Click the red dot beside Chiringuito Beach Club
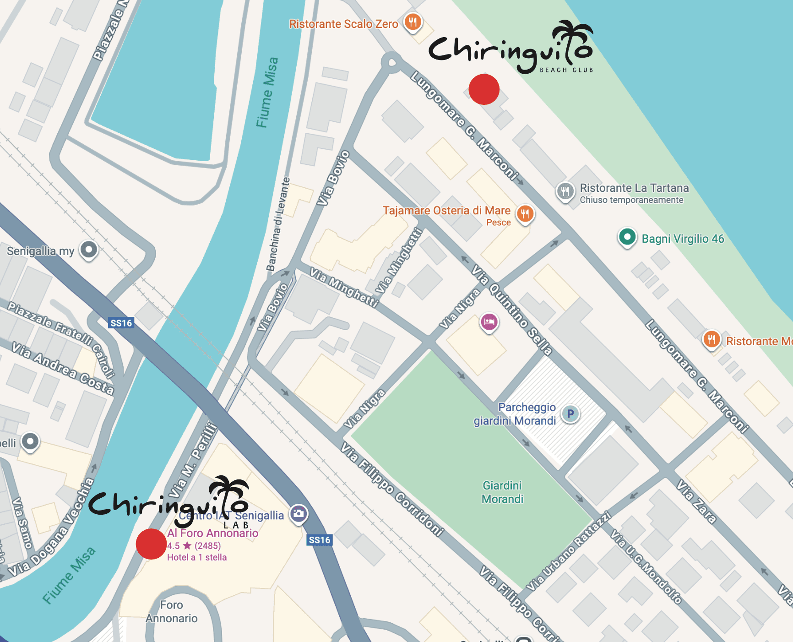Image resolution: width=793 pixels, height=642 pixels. pyautogui.click(x=484, y=89)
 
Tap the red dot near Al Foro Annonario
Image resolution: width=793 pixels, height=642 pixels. pyautogui.click(x=151, y=544)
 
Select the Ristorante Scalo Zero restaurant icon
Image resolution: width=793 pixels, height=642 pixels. pyautogui.click(x=413, y=22)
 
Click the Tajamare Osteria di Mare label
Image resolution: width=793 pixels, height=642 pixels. pyautogui.click(x=446, y=211)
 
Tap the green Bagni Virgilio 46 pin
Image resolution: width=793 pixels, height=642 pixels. pyautogui.click(x=627, y=237)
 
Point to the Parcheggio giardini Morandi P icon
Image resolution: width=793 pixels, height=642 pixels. pyautogui.click(x=570, y=414)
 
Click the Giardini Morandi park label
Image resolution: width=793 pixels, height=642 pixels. pyautogui.click(x=502, y=492)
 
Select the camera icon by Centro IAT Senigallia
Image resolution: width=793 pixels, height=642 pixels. pyautogui.click(x=299, y=513)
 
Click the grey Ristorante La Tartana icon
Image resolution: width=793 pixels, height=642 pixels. pyautogui.click(x=565, y=191)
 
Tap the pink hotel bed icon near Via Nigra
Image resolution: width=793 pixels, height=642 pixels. pyautogui.click(x=489, y=322)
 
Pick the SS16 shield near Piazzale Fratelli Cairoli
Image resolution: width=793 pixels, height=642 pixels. pyautogui.click(x=121, y=323)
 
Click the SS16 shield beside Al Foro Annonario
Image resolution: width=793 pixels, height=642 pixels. pyautogui.click(x=320, y=540)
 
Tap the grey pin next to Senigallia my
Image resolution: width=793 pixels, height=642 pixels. pyautogui.click(x=89, y=250)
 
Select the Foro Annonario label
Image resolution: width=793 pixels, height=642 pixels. pyautogui.click(x=172, y=612)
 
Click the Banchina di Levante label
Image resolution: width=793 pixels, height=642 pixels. pyautogui.click(x=278, y=224)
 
